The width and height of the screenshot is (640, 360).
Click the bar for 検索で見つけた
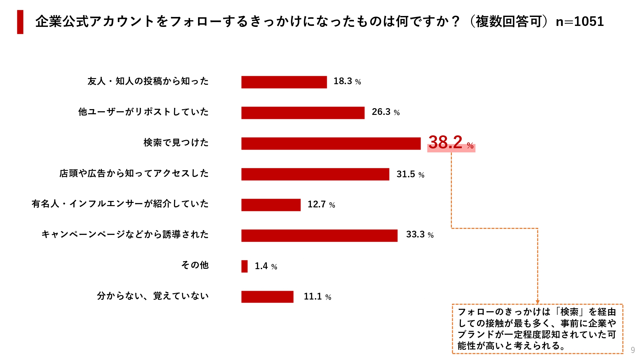tap(331, 143)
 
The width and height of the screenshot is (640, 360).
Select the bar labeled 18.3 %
tap(284, 82)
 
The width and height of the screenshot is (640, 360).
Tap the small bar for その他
tap(244, 266)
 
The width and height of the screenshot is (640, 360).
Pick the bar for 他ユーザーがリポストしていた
tap(303, 113)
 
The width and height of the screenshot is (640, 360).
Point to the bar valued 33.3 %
tap(319, 236)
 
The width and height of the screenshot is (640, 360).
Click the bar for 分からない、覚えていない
tap(267, 297)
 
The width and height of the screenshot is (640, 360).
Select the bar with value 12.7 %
tap(271, 205)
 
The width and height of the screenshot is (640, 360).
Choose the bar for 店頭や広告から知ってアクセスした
tap(315, 174)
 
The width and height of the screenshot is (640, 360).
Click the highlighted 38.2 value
tap(445, 142)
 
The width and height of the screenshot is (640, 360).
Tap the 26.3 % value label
tap(386, 112)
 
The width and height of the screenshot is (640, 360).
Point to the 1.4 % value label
tap(266, 266)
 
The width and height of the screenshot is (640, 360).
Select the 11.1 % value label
tap(317, 297)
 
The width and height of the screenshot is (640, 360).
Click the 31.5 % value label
tap(410, 174)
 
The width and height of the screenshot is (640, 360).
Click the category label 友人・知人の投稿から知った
tap(148, 81)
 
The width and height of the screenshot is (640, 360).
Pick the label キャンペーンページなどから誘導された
tap(125, 235)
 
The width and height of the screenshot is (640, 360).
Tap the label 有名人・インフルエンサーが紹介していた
tap(120, 204)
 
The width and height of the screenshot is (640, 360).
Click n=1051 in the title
tap(580, 22)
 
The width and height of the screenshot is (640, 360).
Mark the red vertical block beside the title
tap(20, 22)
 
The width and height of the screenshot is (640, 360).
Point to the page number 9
tap(633, 350)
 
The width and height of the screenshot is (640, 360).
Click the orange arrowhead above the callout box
tap(538, 302)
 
